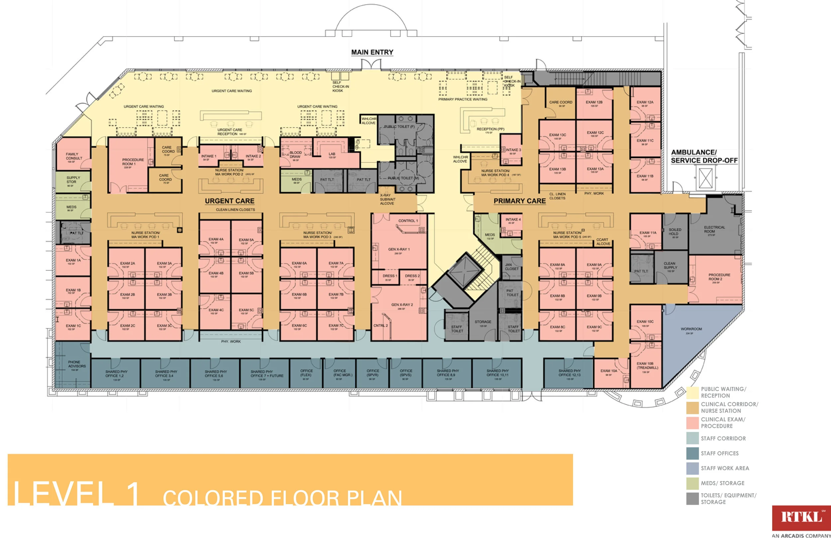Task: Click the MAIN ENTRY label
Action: (372, 52)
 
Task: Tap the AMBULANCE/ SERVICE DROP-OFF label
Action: (704, 156)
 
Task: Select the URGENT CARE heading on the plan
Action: (229, 201)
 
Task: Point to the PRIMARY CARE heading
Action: (519, 201)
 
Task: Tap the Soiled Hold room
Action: (674, 232)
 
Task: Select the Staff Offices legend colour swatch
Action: (692, 454)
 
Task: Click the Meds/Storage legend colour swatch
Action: (692, 483)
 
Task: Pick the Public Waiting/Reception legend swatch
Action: (692, 393)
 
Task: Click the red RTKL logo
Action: (801, 518)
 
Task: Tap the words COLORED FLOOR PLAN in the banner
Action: (282, 497)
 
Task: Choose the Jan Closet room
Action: (512, 267)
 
